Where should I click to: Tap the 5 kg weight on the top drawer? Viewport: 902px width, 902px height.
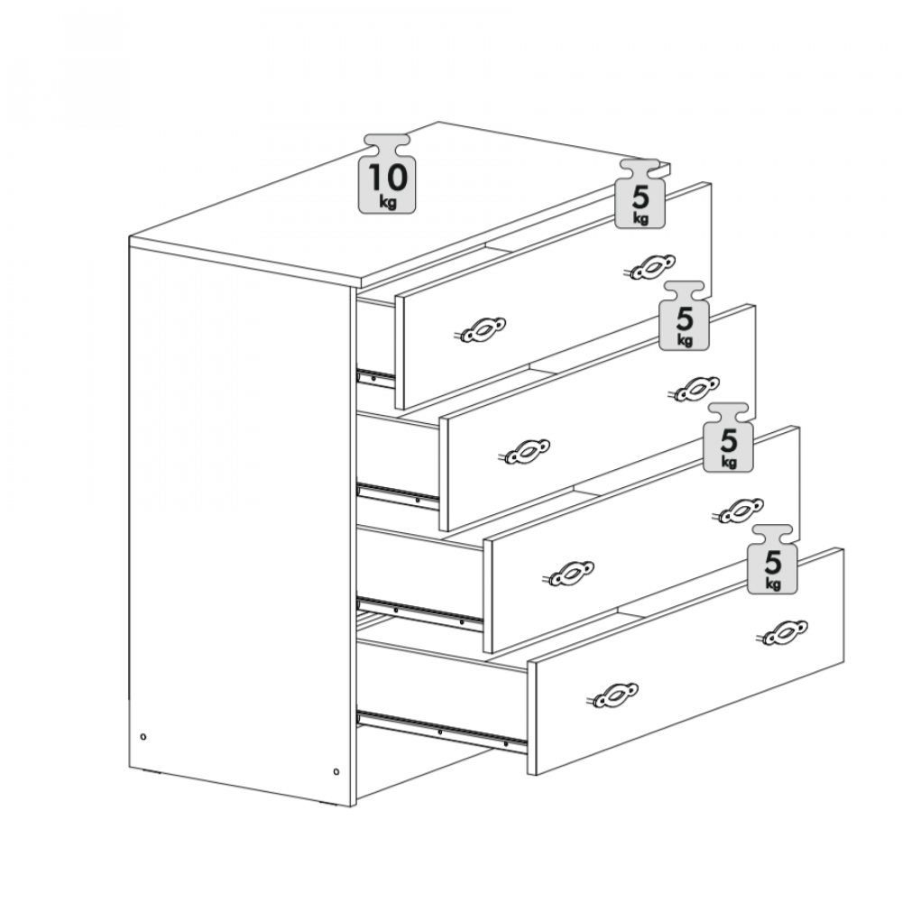click(x=640, y=195)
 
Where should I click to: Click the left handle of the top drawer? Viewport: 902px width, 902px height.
click(x=483, y=330)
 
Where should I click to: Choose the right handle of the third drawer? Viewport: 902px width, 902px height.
click(x=741, y=511)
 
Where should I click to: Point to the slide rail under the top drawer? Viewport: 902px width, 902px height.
click(x=376, y=378)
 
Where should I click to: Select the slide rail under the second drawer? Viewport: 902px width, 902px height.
click(x=398, y=497)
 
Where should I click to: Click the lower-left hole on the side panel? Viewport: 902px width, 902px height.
click(x=143, y=736)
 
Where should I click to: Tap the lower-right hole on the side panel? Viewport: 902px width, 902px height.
click(x=336, y=771)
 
